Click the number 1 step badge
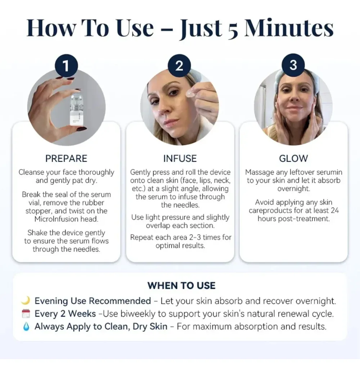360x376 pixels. tap(66, 66)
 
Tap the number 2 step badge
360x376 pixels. tap(179, 66)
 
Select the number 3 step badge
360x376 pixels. tap(293, 65)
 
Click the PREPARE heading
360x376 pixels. tap(66, 159)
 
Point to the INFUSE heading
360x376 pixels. tap(180, 159)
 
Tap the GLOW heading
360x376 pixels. tap(293, 159)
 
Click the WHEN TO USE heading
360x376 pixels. tap(181, 286)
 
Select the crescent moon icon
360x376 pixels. tap(26, 300)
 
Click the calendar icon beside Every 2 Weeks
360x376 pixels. tap(26, 314)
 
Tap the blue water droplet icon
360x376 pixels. tap(26, 327)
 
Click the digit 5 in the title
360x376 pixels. tap(233, 31)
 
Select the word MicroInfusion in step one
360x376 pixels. tap(66, 219)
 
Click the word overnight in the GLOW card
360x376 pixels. tap(293, 189)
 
